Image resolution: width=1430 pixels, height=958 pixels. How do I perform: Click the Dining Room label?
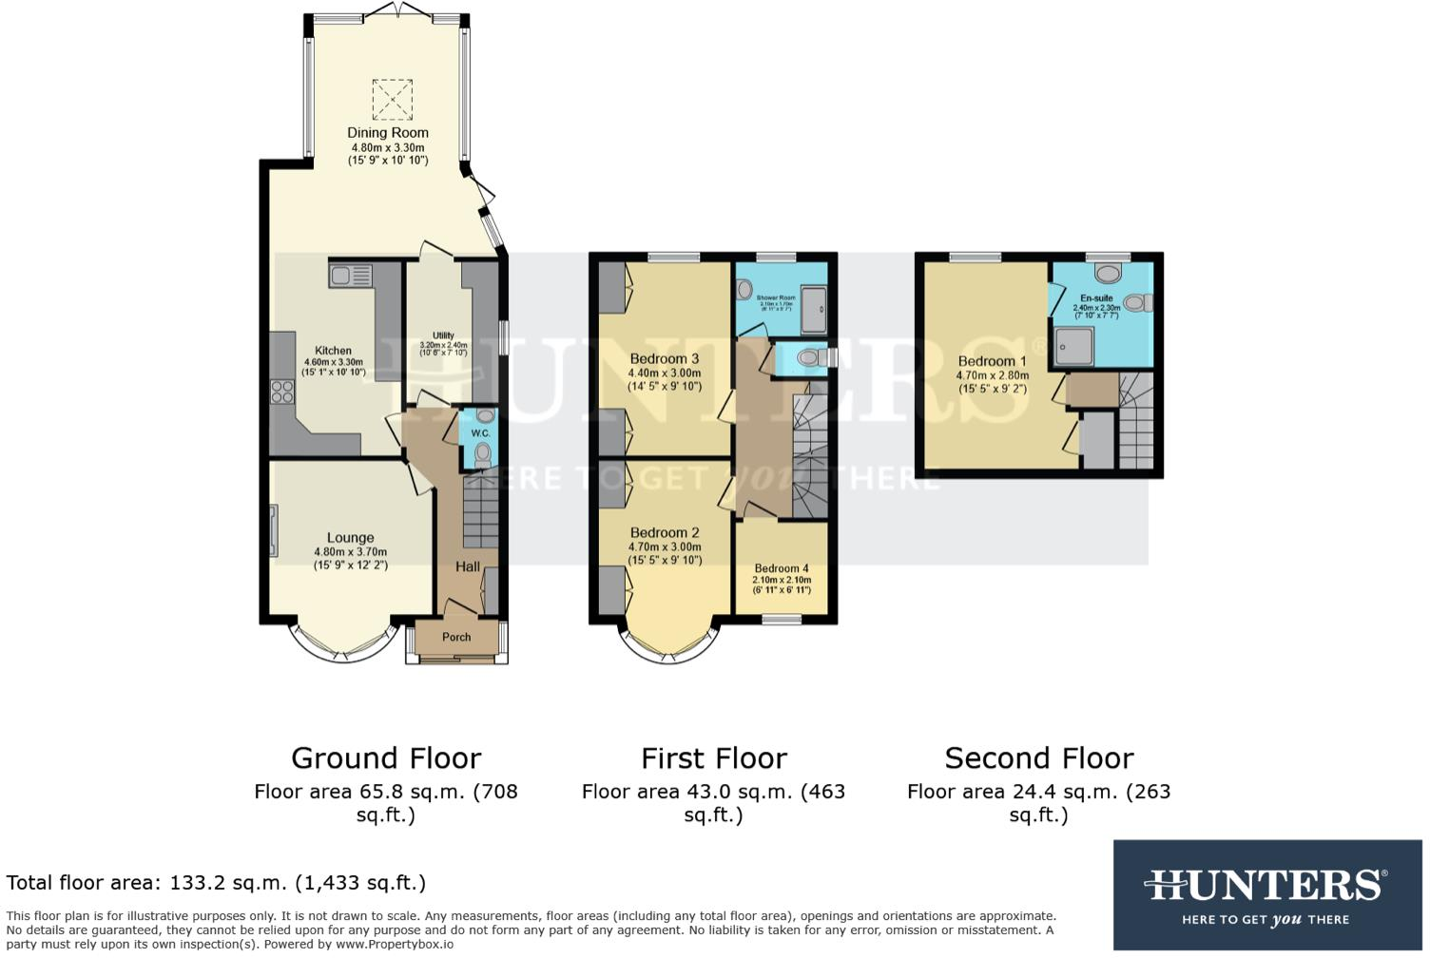387,133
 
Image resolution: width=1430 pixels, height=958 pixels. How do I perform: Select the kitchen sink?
350,276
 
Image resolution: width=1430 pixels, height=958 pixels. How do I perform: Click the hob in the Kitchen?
282,391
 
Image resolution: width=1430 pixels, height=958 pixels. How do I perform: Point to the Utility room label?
443,335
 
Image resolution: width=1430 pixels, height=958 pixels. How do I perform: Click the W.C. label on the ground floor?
480,433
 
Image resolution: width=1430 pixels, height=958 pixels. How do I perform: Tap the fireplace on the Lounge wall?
274,530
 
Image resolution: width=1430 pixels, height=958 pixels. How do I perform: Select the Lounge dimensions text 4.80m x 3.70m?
350,552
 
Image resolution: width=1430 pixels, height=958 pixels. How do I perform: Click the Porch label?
456,637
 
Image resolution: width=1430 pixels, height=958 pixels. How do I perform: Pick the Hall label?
467,566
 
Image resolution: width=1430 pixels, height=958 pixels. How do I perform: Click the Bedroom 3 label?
664,359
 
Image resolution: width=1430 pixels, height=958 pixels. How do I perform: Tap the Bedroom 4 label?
781,568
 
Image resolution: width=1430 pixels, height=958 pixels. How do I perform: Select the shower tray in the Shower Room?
813,310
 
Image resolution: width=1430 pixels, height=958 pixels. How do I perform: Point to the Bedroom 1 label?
992,361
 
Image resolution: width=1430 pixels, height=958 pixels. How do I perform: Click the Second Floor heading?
1038,758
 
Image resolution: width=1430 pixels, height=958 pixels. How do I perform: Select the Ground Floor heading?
385,758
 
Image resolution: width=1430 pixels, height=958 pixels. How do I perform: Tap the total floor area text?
216,883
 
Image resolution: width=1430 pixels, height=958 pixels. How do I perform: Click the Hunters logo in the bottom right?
1266,894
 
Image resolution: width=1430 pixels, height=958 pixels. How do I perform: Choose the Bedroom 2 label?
664,533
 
